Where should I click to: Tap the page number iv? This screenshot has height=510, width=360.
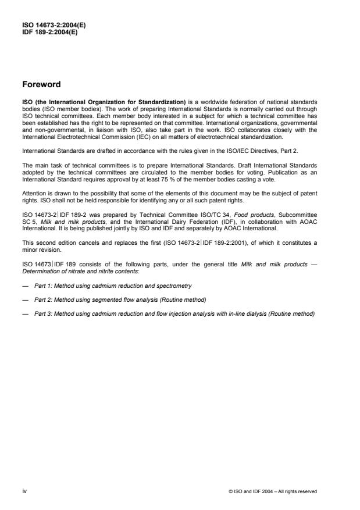(23, 491)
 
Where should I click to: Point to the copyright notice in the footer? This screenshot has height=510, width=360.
(273, 491)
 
